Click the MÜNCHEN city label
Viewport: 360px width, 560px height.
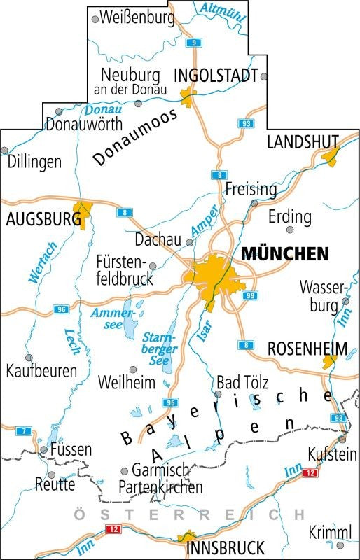tap(284, 253)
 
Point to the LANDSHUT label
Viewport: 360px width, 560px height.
tap(303, 142)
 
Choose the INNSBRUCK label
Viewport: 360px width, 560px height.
tap(226, 547)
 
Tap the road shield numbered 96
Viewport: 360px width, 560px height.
tap(62, 309)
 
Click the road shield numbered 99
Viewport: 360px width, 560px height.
tap(249, 296)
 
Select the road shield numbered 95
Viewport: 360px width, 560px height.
tap(169, 402)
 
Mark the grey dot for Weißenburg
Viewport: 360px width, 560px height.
tap(95, 20)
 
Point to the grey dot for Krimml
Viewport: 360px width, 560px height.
tap(340, 545)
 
